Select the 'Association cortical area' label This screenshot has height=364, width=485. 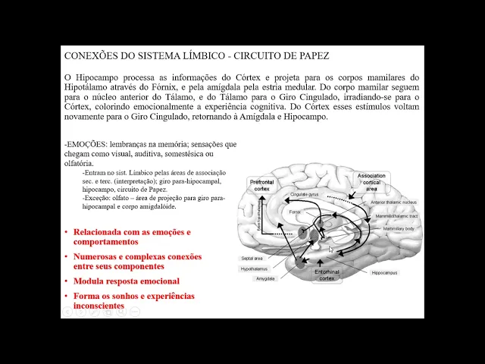[371, 182]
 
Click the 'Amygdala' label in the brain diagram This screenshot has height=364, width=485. [265, 278]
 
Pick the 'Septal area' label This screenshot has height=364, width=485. [252, 259]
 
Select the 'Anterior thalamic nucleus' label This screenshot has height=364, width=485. [394, 202]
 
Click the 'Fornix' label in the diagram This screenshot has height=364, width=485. [294, 212]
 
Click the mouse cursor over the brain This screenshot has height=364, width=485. [330, 249]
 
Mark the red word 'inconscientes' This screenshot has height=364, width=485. [99, 306]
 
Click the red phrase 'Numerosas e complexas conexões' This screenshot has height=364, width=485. [137, 256]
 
